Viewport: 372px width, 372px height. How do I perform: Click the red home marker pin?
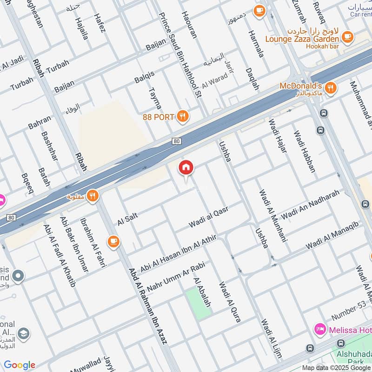point(186,168)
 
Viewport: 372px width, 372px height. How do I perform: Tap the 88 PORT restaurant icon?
point(183,116)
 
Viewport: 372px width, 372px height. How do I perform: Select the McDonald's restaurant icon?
point(331,87)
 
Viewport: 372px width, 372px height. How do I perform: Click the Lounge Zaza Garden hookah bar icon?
point(346,35)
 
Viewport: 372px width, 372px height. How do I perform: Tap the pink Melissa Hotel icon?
point(320,330)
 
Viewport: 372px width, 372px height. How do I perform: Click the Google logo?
point(20,365)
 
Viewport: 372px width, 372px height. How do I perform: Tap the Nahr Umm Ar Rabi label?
point(175,275)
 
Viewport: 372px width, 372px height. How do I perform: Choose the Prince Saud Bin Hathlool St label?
point(179,54)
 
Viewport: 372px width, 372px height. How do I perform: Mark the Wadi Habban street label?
point(304,151)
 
